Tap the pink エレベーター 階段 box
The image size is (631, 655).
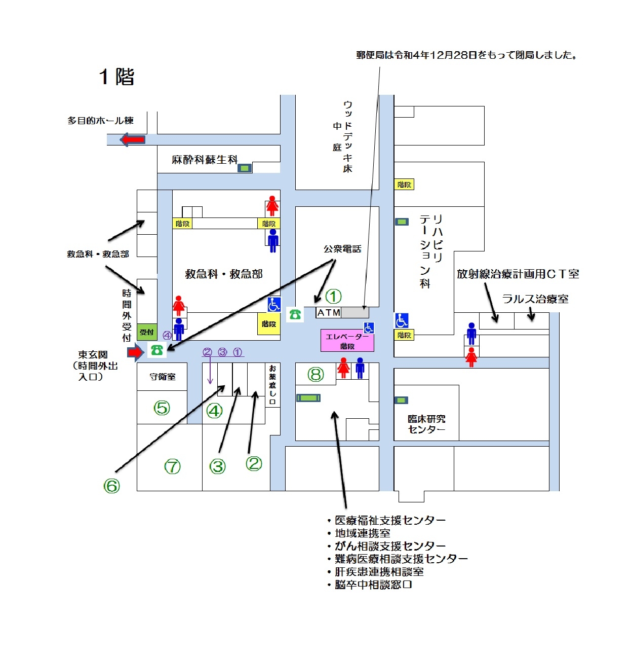click(x=347, y=340)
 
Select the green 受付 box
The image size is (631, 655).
click(x=147, y=332)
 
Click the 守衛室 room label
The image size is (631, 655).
click(x=163, y=377)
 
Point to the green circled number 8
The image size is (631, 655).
click(x=315, y=374)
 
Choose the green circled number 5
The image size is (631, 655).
click(x=162, y=408)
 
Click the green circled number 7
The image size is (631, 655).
click(x=173, y=466)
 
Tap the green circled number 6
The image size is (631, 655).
click(x=111, y=486)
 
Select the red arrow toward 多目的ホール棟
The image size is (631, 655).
click(x=133, y=139)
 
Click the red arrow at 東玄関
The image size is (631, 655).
click(x=136, y=352)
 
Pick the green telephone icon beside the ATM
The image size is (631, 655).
click(x=295, y=314)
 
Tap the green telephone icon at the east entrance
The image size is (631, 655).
click(x=156, y=350)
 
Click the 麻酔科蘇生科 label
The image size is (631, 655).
click(x=205, y=160)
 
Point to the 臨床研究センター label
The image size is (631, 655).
click(x=426, y=424)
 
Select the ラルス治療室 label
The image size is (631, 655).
click(x=535, y=299)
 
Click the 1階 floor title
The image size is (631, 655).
click(x=116, y=77)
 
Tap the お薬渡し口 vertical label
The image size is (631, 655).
click(x=272, y=384)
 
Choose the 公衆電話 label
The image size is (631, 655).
click(x=342, y=249)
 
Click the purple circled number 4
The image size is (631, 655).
click(x=167, y=335)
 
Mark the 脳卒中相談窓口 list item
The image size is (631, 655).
click(x=370, y=585)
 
